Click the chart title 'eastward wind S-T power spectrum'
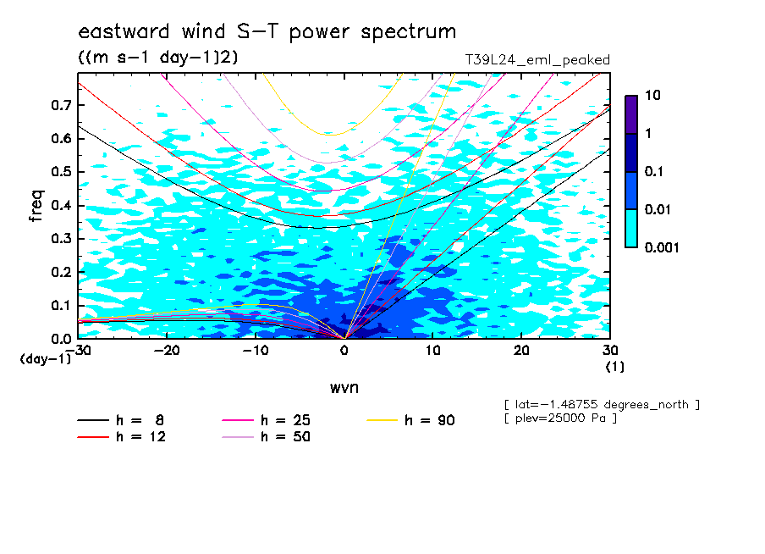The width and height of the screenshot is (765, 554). (267, 31)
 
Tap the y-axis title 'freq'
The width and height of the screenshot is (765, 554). (36, 206)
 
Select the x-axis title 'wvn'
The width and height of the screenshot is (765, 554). (344, 388)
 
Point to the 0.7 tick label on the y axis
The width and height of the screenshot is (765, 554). (61, 105)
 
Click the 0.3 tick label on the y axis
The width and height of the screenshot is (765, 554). (61, 238)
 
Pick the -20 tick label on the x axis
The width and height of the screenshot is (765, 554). (167, 351)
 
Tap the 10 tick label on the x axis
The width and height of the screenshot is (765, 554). (432, 351)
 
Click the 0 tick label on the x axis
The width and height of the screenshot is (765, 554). (344, 351)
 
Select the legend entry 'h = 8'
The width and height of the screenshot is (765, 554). (120, 420)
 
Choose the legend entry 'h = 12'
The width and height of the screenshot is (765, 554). (122, 436)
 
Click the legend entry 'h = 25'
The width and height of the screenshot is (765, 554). (266, 420)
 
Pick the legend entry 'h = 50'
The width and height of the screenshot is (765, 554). (266, 436)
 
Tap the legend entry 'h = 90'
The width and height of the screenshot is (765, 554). (410, 420)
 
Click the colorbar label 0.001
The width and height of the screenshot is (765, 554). (662, 247)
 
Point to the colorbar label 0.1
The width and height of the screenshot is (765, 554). (654, 171)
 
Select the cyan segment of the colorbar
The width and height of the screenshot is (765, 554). (631, 228)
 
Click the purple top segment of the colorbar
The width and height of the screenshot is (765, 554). (631, 114)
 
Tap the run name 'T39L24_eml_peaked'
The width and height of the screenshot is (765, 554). (537, 60)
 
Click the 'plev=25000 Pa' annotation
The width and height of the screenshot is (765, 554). (560, 418)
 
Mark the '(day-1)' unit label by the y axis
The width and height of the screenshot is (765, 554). (45, 359)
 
